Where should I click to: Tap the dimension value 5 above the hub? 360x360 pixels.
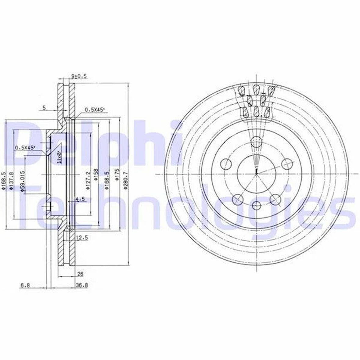(x=44, y=107)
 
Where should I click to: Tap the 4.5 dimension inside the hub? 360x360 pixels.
(x=80, y=199)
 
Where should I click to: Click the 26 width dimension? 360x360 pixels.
(x=80, y=274)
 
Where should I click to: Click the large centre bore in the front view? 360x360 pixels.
(x=256, y=174)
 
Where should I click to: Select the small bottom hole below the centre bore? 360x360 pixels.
(x=257, y=205)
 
